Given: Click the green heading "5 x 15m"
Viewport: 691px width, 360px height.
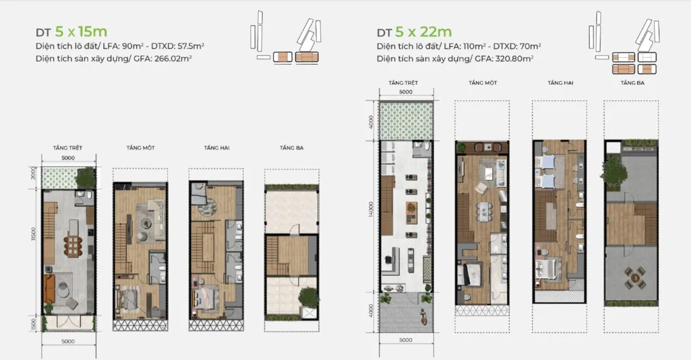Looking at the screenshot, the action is tap(81, 31).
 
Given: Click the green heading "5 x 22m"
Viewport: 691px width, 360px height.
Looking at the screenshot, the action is tap(423, 31).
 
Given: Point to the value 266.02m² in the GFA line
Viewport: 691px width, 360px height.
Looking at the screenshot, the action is tap(173, 58).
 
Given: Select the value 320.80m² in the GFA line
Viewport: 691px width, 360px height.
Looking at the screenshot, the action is tap(514, 58).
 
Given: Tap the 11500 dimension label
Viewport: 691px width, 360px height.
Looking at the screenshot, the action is tap(33, 234).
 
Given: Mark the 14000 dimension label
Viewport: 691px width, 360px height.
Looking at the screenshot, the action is tap(371, 209).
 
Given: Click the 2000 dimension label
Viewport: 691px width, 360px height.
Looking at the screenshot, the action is tap(33, 173).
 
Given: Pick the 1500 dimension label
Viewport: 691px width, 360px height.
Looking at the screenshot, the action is tap(33, 324).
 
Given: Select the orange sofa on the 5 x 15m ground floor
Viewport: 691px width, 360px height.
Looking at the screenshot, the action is tap(48, 288).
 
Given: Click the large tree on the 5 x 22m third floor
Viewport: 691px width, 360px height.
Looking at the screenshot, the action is tap(614, 172).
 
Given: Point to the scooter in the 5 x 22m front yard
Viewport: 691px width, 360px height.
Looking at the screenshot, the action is tap(423, 317).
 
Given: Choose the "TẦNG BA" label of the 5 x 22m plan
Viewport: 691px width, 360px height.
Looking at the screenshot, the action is tap(633, 83).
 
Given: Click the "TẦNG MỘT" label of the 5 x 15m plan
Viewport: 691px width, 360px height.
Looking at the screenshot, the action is tap(141, 148).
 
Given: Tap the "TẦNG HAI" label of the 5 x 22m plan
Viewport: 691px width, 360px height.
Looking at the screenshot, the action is tap(560, 83).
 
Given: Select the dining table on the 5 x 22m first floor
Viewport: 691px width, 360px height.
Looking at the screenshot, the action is tap(484, 211).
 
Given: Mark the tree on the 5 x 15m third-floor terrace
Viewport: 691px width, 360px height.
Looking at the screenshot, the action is tap(309, 297).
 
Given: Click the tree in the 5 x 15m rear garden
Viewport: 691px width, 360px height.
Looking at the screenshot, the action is tap(85, 178).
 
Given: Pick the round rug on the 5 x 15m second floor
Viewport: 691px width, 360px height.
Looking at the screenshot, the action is tap(207, 207).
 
